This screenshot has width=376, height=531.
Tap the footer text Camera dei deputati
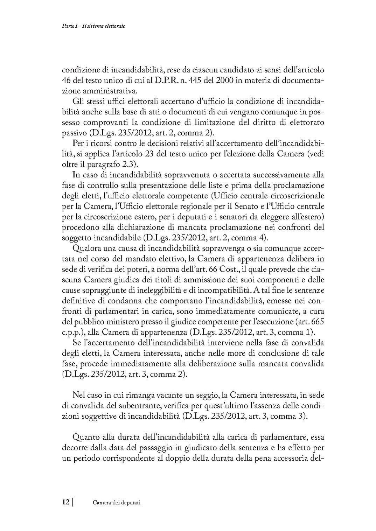117,503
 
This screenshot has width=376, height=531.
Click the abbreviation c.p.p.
71,332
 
